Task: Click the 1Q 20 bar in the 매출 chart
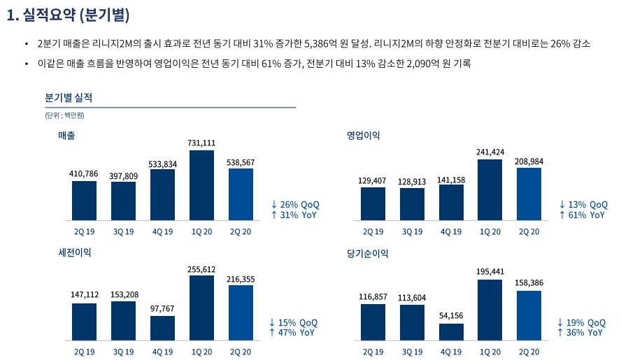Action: [x=201, y=185]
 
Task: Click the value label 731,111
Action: [x=201, y=143]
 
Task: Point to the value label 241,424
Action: [x=490, y=152]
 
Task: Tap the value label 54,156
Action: [x=451, y=316]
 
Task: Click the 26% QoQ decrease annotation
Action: [x=295, y=204]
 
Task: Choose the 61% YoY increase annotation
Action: [x=582, y=215]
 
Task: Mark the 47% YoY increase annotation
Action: [x=293, y=333]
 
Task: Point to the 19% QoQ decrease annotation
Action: [x=581, y=322]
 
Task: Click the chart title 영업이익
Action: [x=363, y=136]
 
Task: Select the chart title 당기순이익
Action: [x=367, y=254]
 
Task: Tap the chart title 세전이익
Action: [x=74, y=252]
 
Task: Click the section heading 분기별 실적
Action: [x=69, y=97]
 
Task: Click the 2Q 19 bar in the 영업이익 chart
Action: [x=373, y=203]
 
